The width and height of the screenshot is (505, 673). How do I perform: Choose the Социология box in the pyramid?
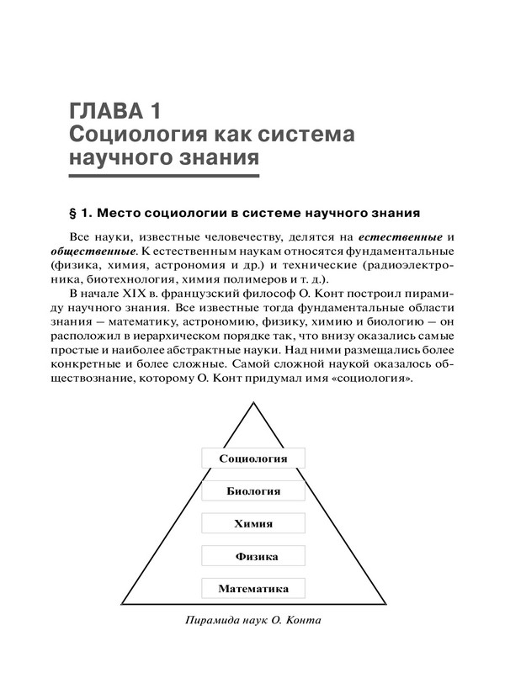pyautogui.click(x=252, y=458)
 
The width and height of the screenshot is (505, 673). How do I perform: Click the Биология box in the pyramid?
pyautogui.click(x=252, y=490)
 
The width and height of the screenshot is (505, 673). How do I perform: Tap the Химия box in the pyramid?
pyautogui.click(x=252, y=523)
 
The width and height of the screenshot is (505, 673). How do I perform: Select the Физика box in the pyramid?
pyautogui.click(x=252, y=556)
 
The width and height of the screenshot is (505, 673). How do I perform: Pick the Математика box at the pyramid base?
pyautogui.click(x=252, y=589)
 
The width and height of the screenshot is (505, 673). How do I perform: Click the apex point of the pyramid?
pyautogui.click(x=253, y=401)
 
